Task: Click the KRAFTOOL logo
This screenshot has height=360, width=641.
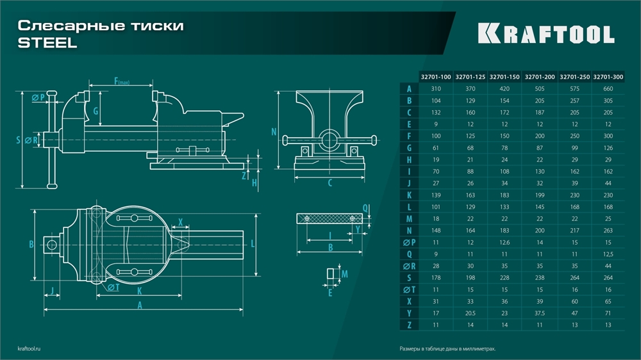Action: point(546,34)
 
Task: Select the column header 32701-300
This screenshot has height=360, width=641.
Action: point(608,77)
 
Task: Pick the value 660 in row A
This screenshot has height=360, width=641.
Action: point(608,89)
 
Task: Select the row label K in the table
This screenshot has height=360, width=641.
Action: point(408,195)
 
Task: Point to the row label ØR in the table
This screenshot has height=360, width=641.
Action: point(408,266)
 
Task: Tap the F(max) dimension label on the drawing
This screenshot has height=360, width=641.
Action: point(122,81)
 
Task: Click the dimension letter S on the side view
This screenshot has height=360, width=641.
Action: point(18,139)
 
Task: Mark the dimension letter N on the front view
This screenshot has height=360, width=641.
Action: point(274,133)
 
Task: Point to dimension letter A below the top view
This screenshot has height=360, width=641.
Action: point(140,306)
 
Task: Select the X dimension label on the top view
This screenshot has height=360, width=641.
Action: point(181,222)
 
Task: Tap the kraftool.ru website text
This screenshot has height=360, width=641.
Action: point(31,349)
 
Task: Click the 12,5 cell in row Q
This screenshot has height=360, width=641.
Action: point(608,254)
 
